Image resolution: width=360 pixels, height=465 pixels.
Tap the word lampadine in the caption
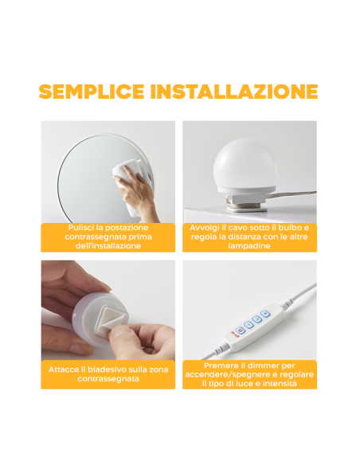[x=248, y=247]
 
